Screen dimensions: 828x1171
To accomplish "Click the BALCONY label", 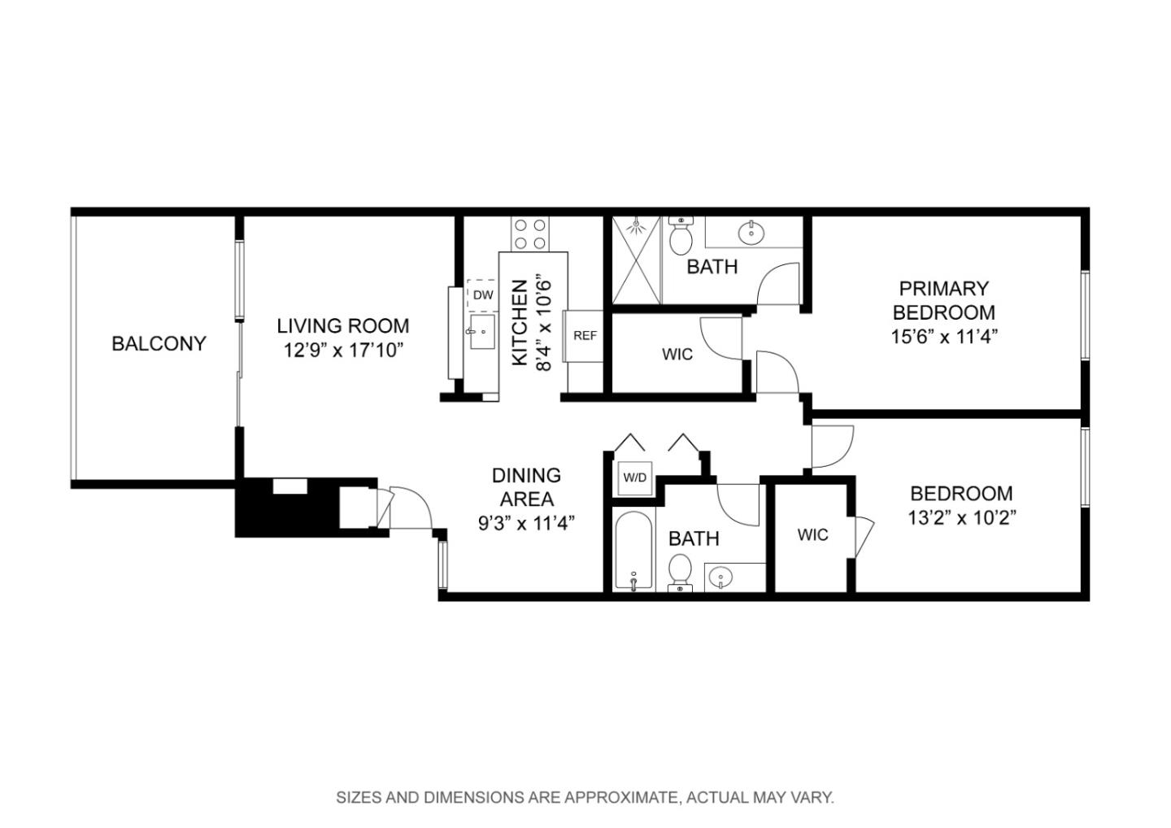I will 159,343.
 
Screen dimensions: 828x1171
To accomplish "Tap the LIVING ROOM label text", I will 342,326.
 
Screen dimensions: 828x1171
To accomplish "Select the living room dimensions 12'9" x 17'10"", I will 342,351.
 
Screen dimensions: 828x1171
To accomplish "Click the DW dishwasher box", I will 482,295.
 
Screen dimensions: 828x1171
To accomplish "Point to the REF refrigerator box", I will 585,335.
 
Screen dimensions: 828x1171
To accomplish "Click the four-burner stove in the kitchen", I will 529,234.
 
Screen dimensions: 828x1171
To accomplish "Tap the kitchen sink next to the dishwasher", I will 482,332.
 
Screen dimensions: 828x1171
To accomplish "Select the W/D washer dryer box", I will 634,478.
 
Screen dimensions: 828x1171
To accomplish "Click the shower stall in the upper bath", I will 637,259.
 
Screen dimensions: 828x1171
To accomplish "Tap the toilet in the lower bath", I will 679,569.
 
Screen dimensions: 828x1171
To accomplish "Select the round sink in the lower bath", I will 720,578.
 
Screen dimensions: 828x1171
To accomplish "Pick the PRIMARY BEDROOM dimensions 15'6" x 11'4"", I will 943,337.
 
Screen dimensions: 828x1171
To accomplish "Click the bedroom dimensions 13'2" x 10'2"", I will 961,518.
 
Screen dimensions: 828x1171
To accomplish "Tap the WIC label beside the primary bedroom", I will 677,355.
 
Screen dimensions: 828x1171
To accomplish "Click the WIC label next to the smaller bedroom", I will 812,534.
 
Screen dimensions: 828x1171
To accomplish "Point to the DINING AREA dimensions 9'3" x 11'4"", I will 526,522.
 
